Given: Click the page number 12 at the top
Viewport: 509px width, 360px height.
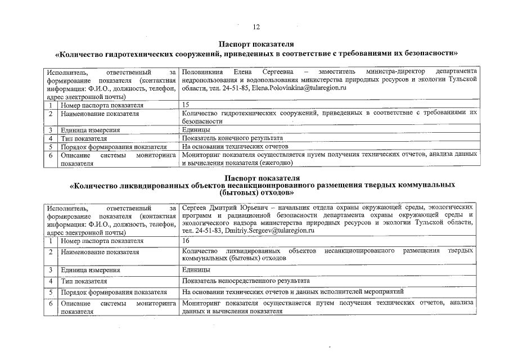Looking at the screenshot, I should tap(256, 26).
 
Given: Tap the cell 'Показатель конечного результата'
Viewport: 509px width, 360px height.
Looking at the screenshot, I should tap(232, 138).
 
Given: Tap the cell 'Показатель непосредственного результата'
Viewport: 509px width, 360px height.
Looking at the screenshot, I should tap(246, 280).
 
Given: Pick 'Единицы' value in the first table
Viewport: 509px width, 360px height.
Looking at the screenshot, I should tap(196, 130).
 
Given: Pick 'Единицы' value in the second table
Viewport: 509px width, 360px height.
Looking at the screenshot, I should tap(196, 270).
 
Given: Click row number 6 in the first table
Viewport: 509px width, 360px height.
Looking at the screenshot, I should tap(51, 155).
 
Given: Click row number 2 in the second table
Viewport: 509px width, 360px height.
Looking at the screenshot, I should tap(51, 251).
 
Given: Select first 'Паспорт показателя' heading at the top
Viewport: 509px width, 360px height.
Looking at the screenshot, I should tap(256, 44).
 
